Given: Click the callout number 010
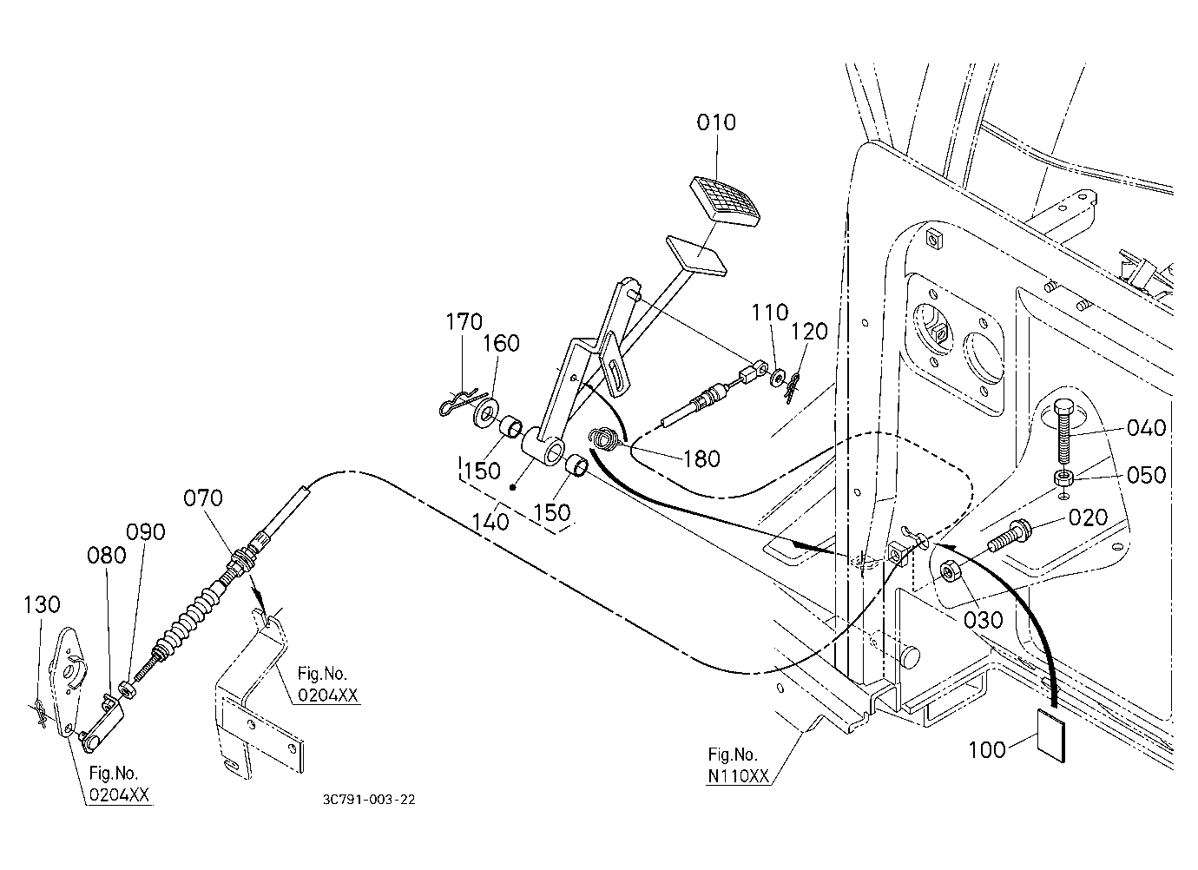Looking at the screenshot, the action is pos(715,122).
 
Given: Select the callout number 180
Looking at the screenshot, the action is pos(701,458).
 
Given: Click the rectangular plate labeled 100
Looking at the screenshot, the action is pos(1051,735).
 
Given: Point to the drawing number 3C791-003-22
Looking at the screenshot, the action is pos(369,800).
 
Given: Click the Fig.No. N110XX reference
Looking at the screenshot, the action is pos(738,766).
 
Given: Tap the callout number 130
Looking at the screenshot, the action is pos(42,604).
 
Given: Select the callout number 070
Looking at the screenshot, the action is pos(202,498).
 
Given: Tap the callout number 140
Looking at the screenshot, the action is pos(490,522).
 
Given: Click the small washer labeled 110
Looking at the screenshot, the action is pos(777,377).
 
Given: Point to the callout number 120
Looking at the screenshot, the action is pos(809,332).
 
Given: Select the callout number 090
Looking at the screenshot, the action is pos(146,532).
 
